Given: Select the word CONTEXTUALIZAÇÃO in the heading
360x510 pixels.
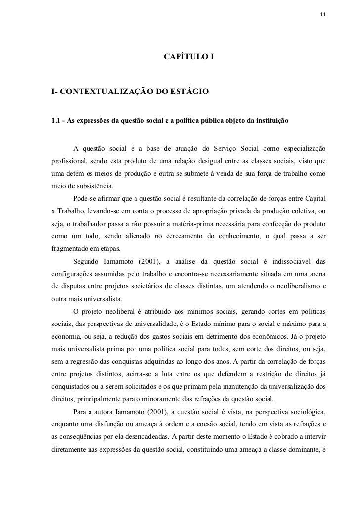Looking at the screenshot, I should pos(103,92).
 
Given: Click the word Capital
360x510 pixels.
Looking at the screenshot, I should pos(313,199).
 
